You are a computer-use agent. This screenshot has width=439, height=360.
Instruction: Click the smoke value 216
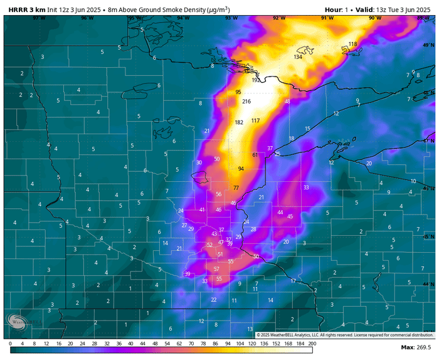coord(246,102)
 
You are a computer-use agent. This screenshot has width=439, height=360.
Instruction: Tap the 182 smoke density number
coord(239,122)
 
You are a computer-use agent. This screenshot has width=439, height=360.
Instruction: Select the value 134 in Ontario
coord(298,57)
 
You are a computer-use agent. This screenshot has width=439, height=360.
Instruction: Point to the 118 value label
coord(352,44)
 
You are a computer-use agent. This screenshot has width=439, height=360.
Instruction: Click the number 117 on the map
coord(255,120)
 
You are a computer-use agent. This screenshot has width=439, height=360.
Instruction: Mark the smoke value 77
coord(236,188)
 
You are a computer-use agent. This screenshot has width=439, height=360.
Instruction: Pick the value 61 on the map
coord(255,155)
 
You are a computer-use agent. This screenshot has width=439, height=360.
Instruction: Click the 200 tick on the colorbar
coord(312,344)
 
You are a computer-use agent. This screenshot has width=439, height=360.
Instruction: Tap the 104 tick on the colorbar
coord(240,344)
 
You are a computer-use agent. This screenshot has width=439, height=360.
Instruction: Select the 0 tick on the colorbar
coord(11,344)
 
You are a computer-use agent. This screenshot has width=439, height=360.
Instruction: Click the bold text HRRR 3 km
coord(27,9)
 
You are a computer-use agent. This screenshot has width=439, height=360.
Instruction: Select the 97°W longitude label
coord(39,18)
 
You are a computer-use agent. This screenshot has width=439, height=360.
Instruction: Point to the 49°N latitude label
coord(428,45)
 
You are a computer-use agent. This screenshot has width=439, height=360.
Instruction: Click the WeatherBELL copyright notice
coord(336,335)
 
